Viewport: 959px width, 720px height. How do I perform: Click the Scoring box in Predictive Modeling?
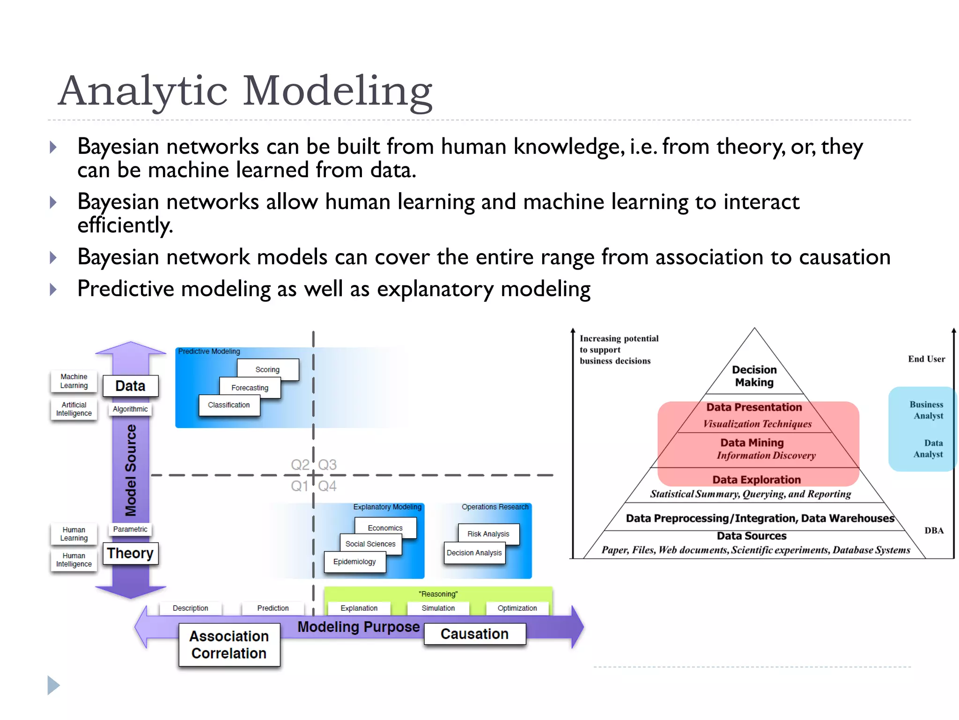pyautogui.click(x=267, y=369)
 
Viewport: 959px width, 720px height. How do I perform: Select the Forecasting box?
pyautogui.click(x=250, y=388)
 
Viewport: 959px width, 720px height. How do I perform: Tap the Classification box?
pyautogui.click(x=229, y=405)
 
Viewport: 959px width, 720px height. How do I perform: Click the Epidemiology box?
pyautogui.click(x=354, y=562)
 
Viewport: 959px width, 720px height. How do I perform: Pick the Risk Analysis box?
pyautogui.click(x=488, y=534)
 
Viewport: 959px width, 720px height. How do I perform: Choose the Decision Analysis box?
pyautogui.click(x=474, y=553)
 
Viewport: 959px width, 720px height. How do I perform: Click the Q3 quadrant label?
pyautogui.click(x=327, y=465)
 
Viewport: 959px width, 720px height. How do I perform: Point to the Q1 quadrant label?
pyautogui.click(x=300, y=486)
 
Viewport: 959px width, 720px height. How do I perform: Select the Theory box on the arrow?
pyautogui.click(x=130, y=553)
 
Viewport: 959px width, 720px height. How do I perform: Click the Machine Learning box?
pyautogui.click(x=74, y=381)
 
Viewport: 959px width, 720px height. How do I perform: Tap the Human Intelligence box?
pyautogui.click(x=74, y=560)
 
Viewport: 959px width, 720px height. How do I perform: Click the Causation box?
pyautogui.click(x=474, y=634)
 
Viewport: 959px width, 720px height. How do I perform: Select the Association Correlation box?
pyautogui.click(x=229, y=645)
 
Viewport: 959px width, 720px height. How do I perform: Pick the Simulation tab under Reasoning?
pyautogui.click(x=438, y=608)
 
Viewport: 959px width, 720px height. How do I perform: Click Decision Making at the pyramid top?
pyautogui.click(x=754, y=376)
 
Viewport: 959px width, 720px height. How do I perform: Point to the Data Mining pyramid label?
pyautogui.click(x=752, y=443)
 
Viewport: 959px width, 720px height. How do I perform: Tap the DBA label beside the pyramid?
pyautogui.click(x=934, y=531)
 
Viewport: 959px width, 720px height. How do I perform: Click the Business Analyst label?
pyautogui.click(x=926, y=410)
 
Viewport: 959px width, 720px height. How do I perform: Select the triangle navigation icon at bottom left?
pyautogui.click(x=53, y=685)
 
